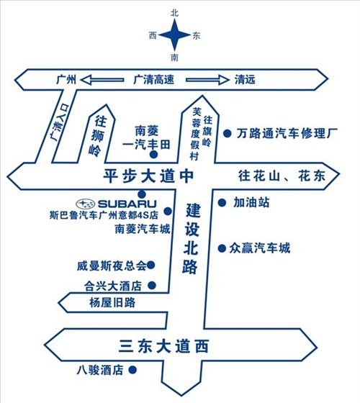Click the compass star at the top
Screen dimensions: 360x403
[174, 35]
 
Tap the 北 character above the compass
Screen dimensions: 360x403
[174, 13]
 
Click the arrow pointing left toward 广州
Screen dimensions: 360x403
[102, 80]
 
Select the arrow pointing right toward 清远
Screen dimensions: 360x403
[207, 80]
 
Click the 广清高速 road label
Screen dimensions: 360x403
[154, 80]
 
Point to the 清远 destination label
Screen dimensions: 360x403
[245, 80]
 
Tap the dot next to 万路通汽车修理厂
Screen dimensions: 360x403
[227, 133]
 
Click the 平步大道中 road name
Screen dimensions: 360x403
[148, 176]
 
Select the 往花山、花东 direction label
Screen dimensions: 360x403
[282, 176]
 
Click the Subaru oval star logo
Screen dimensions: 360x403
[86, 204]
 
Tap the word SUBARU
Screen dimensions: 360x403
[127, 204]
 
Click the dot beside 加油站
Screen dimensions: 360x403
[222, 203]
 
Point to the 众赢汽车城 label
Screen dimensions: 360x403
[260, 248]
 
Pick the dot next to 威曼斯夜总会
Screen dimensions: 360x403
[150, 265]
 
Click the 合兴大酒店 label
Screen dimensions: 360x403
[113, 286]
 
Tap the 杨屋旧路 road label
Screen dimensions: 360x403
[112, 302]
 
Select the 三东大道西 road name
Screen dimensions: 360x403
[163, 346]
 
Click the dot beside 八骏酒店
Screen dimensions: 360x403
[132, 370]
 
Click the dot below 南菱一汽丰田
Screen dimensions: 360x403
[153, 155]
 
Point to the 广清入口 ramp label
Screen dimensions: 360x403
[60, 122]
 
